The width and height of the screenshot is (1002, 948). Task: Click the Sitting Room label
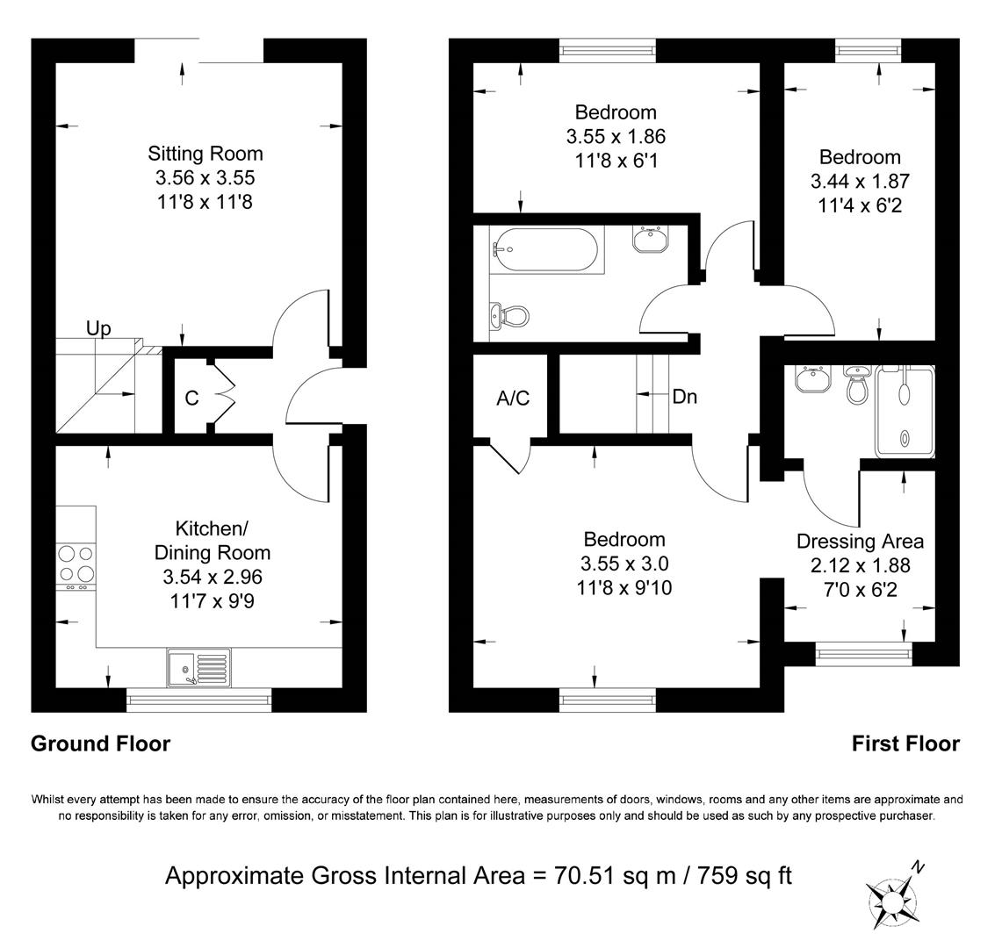click(x=205, y=154)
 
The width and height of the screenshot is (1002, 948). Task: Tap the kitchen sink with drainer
click(x=198, y=668)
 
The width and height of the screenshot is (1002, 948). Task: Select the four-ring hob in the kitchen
click(x=76, y=564)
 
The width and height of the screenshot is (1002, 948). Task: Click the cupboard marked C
click(x=191, y=398)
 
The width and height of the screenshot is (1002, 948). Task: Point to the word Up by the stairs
click(x=98, y=329)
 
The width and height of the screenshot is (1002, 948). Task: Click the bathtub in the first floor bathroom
click(x=544, y=248)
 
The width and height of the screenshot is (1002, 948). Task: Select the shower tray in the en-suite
click(x=905, y=411)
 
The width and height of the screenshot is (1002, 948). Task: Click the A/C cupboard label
click(x=513, y=399)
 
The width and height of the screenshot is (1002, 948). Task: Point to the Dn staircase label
click(x=684, y=397)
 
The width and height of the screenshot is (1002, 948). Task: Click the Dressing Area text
click(x=860, y=542)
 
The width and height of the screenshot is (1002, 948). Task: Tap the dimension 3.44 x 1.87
click(x=860, y=181)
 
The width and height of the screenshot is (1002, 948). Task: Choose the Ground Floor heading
click(x=100, y=743)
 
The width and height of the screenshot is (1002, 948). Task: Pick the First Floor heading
click(x=905, y=743)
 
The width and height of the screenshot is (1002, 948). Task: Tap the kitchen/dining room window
click(x=198, y=700)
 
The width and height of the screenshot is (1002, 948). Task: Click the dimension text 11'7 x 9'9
click(x=212, y=601)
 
